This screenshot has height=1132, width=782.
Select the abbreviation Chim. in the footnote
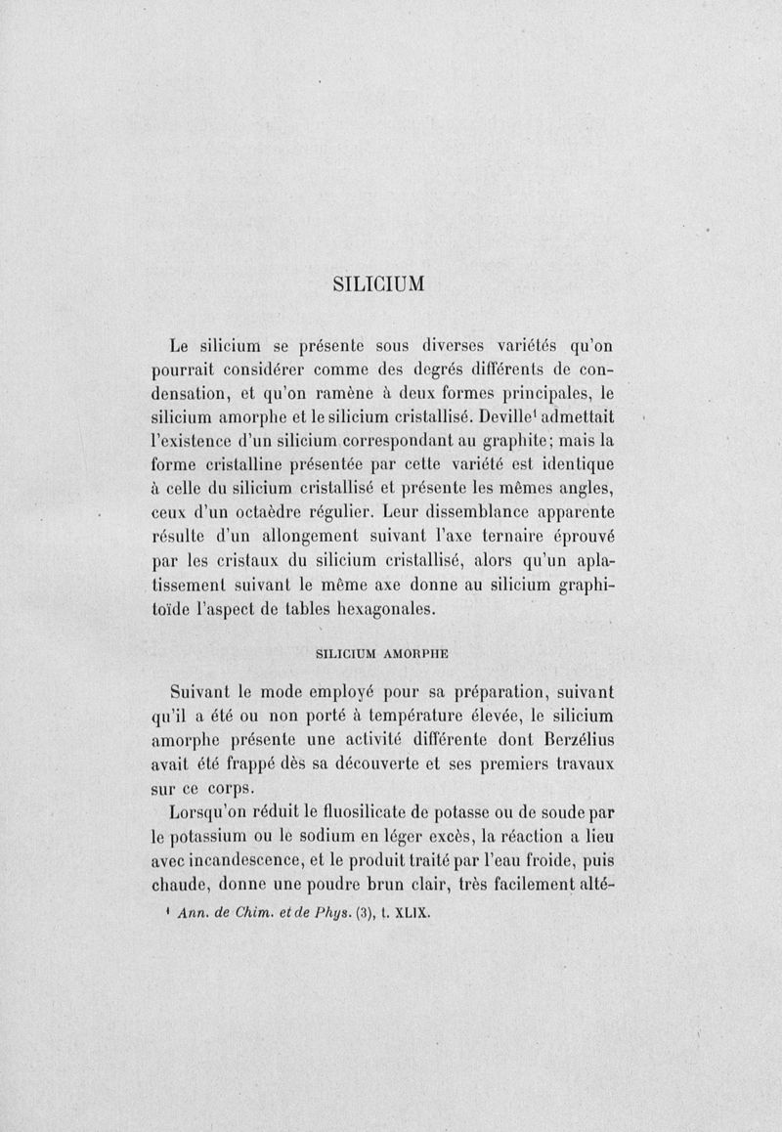pyautogui.click(x=258, y=915)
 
